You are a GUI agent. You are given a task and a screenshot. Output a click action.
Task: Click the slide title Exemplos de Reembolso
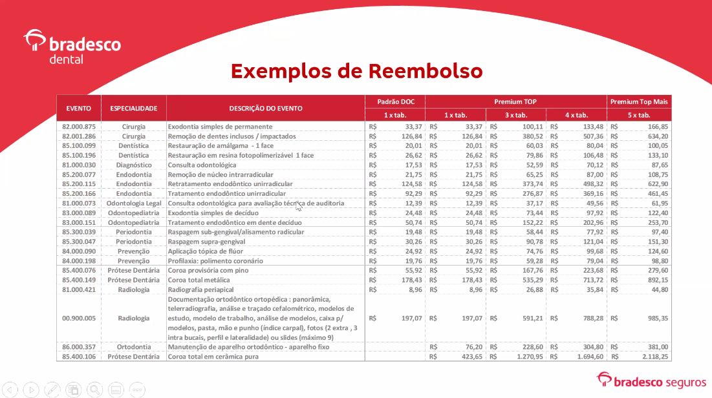[x=356, y=71]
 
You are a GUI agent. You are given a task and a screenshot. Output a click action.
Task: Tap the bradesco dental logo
[x=72, y=47]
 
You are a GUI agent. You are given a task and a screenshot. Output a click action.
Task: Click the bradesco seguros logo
[x=650, y=381]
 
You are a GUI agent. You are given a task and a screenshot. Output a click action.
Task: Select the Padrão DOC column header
[x=394, y=101]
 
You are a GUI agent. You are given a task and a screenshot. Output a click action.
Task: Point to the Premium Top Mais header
[x=640, y=101]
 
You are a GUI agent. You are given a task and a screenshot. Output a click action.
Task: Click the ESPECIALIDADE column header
[x=134, y=108]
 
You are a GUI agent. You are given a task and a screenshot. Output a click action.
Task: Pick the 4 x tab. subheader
[x=576, y=115]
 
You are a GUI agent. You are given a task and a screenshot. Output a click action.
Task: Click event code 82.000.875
[x=79, y=127]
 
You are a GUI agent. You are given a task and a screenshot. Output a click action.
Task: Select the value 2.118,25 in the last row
[x=654, y=357]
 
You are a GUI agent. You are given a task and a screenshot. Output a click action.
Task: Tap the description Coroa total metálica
[x=199, y=280]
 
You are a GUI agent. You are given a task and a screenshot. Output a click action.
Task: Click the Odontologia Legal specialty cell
[x=134, y=204]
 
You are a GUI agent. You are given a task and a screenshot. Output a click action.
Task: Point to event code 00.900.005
[x=79, y=318]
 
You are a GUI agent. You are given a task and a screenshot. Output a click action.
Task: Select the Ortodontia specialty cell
[x=134, y=347]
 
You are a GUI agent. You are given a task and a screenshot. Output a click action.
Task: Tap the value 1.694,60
[x=589, y=357]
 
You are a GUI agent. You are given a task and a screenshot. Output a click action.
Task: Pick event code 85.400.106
[x=79, y=357]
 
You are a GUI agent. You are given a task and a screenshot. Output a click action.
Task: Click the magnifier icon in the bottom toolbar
[x=95, y=389]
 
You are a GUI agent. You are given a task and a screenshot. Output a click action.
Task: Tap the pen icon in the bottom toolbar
[x=52, y=389]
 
